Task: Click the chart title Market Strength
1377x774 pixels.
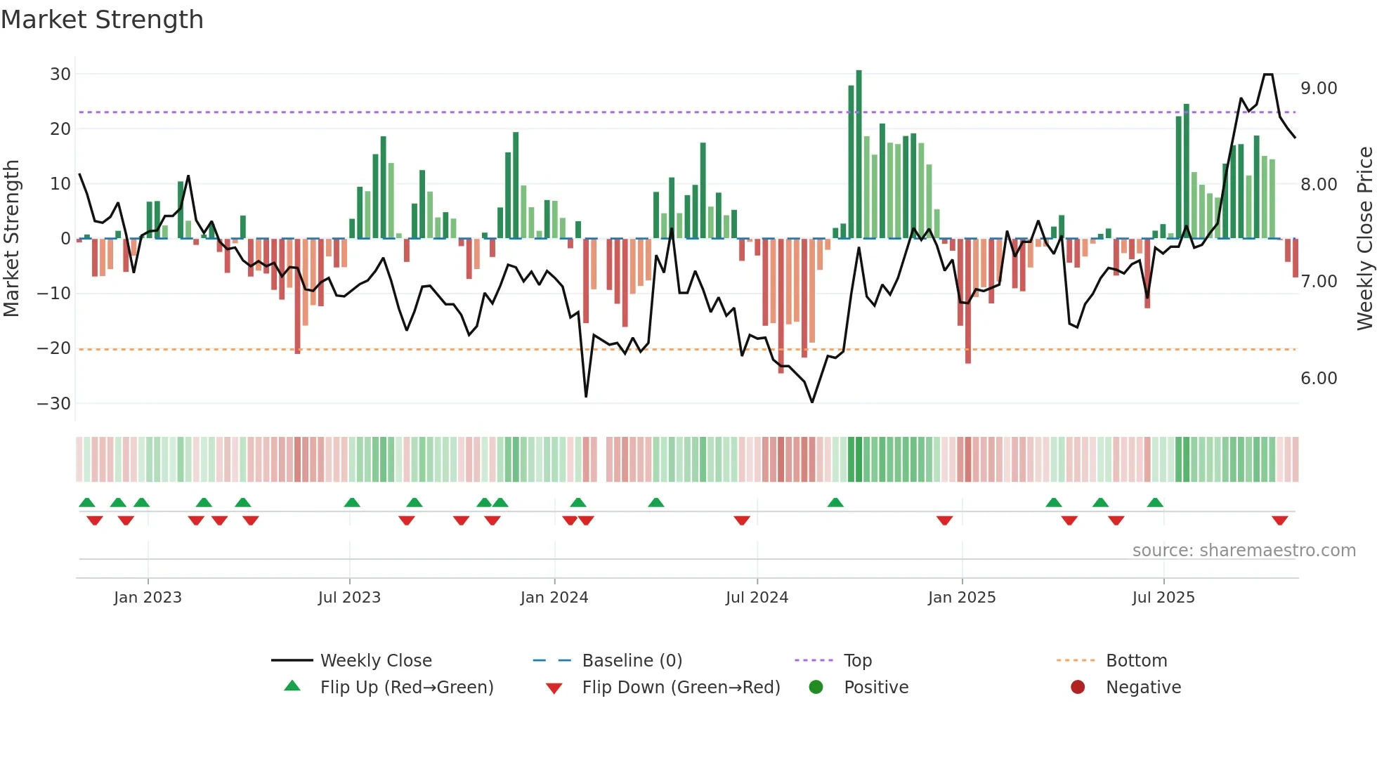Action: (102, 20)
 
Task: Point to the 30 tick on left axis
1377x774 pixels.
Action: (60, 74)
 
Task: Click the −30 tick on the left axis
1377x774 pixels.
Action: (54, 404)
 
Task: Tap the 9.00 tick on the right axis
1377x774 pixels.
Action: (1319, 88)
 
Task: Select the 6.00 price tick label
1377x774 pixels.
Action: (1319, 379)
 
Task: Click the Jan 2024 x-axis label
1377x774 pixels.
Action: (554, 598)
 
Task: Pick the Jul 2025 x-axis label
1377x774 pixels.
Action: (1163, 598)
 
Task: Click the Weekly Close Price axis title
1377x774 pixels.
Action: (1364, 239)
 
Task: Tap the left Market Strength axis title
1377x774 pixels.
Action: (11, 239)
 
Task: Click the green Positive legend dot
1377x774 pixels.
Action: (816, 688)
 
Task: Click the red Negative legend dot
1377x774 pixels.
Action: (1078, 688)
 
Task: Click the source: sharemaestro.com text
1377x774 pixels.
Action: (1244, 551)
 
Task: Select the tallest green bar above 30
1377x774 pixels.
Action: (859, 155)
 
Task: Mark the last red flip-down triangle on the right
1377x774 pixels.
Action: (1279, 520)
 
